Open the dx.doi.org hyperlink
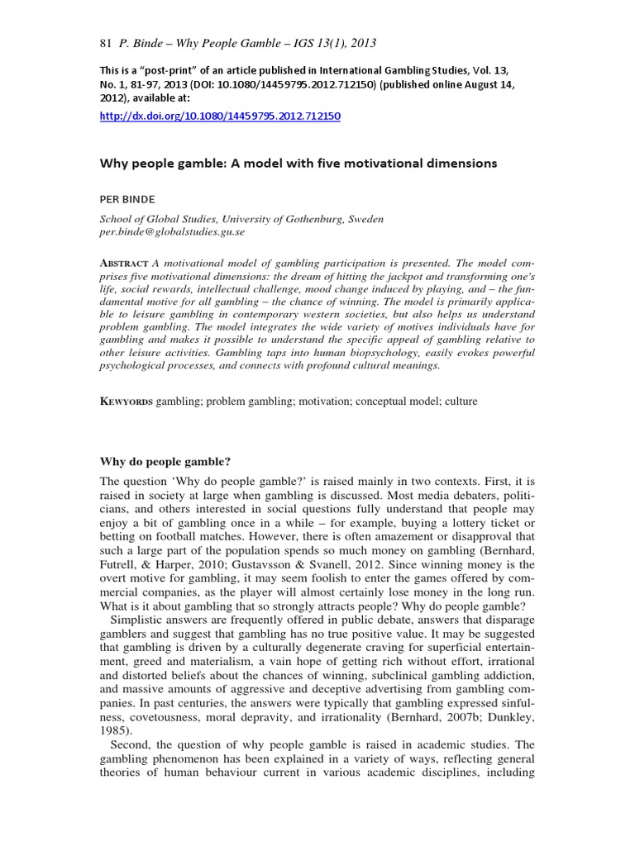coord(220,116)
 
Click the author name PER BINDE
coord(127,198)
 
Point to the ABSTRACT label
coord(123,264)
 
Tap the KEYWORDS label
coord(126,401)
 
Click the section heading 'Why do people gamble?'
coord(165,461)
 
